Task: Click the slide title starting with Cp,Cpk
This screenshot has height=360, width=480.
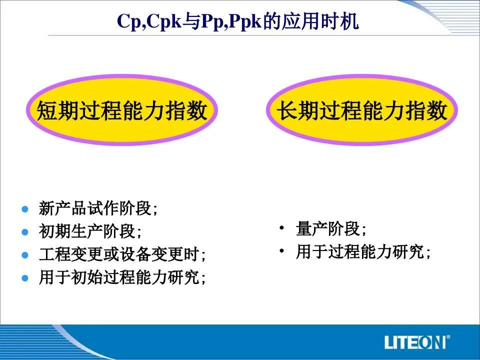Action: pos(237,21)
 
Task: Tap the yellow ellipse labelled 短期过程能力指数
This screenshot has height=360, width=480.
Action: pos(122,110)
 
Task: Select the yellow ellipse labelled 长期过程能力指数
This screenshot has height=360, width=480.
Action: pos(362,110)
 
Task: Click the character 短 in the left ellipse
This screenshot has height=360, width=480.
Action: pos(47,110)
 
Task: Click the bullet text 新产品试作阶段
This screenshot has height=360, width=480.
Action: pos(95,208)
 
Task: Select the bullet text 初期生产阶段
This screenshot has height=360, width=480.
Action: pos(87,231)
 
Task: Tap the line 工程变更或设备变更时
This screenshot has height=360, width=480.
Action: pos(119,254)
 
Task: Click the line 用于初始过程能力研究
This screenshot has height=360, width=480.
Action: pos(119,277)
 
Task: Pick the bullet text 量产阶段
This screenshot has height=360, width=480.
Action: pos(328,228)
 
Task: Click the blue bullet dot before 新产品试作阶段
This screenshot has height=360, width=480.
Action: pos(25,209)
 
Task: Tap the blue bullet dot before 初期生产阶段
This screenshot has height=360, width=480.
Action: pos(25,232)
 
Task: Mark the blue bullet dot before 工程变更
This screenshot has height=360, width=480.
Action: pos(25,255)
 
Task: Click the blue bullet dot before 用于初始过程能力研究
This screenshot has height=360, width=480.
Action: pos(25,278)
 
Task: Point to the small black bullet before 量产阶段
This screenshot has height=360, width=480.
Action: pos(282,228)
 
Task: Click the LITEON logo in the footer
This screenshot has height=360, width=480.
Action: pos(415,342)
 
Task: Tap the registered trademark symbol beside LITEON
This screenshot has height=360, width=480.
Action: pos(448,337)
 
